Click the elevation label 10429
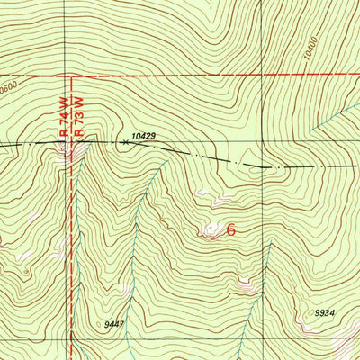point(143,135)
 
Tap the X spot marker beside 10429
point(124,141)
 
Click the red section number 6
point(231,229)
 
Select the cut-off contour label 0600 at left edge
point(9,86)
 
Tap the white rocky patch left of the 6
point(212,230)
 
